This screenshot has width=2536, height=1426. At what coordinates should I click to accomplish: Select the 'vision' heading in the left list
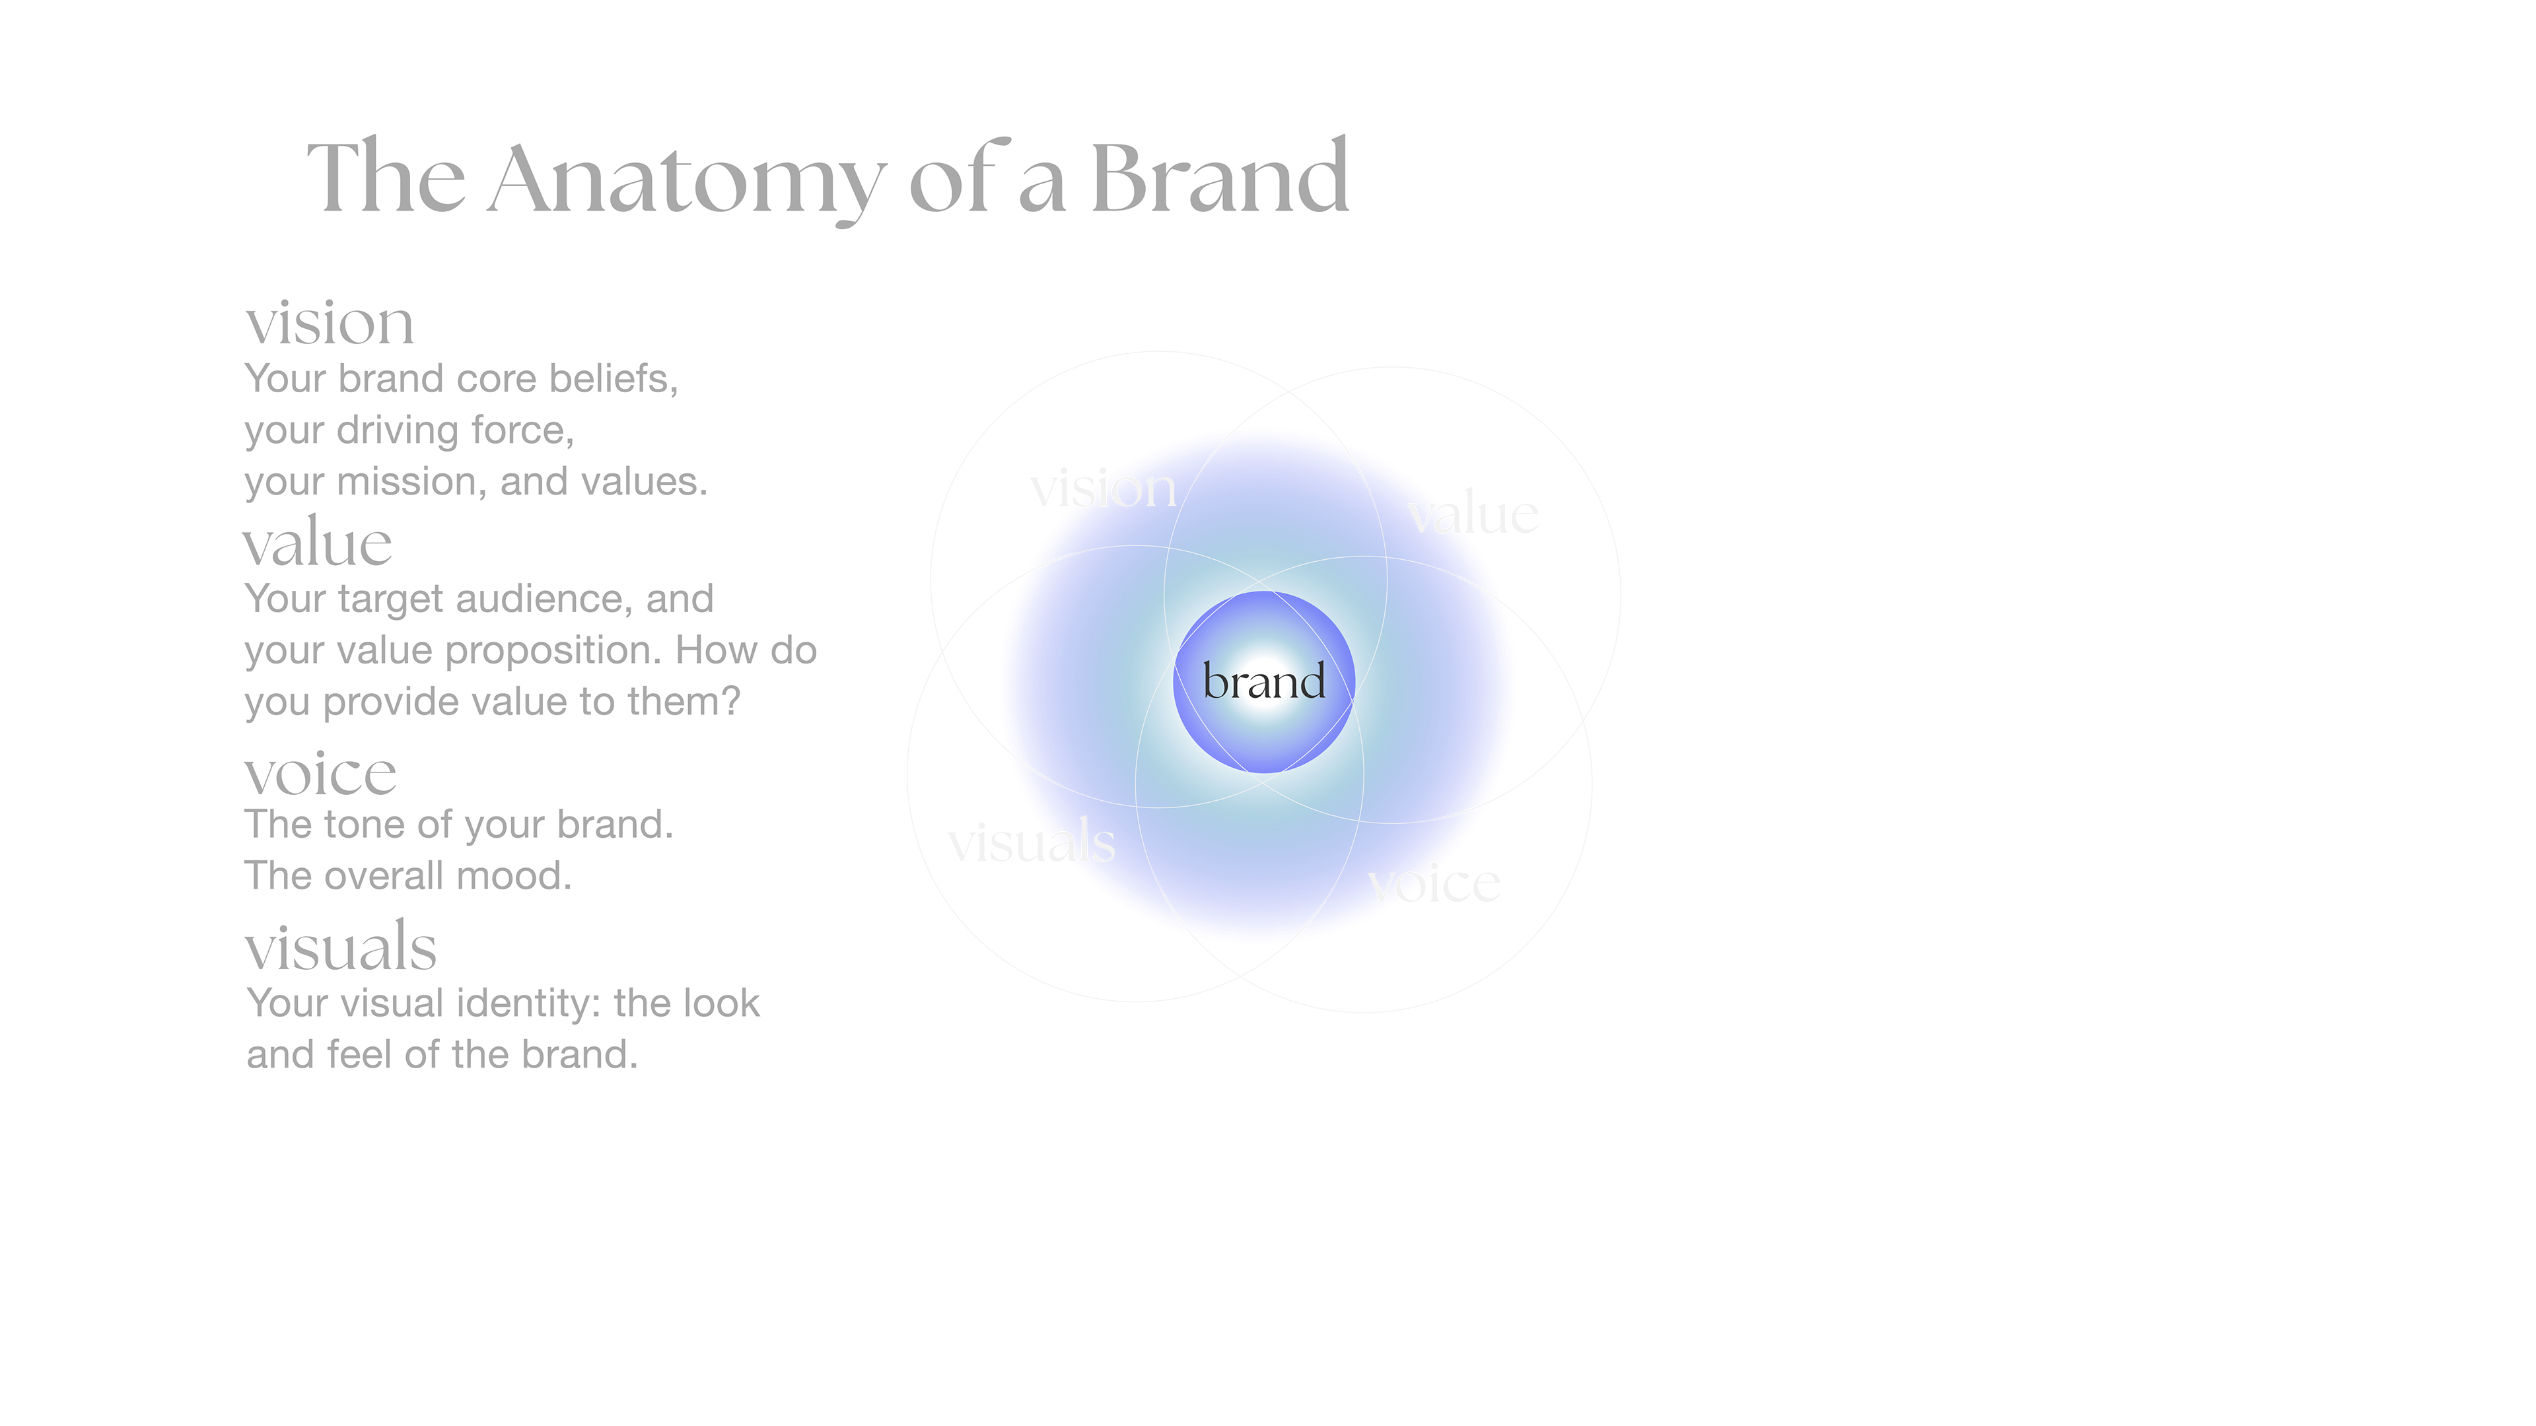(x=330, y=323)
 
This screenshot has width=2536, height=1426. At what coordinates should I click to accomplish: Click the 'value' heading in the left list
(x=317, y=543)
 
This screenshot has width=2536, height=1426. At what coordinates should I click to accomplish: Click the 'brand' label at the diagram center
(x=1264, y=681)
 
